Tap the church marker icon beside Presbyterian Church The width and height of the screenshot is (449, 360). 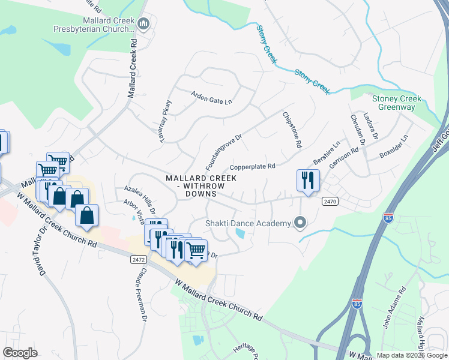click(143, 24)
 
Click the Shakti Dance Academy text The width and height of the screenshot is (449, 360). click(248, 223)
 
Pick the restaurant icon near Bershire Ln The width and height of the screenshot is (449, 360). click(308, 179)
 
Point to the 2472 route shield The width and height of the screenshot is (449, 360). click(138, 259)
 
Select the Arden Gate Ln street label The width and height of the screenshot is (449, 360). click(211, 98)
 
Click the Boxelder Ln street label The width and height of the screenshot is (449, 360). click(393, 147)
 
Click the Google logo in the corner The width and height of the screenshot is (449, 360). click(20, 353)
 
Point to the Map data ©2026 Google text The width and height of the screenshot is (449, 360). click(411, 355)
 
